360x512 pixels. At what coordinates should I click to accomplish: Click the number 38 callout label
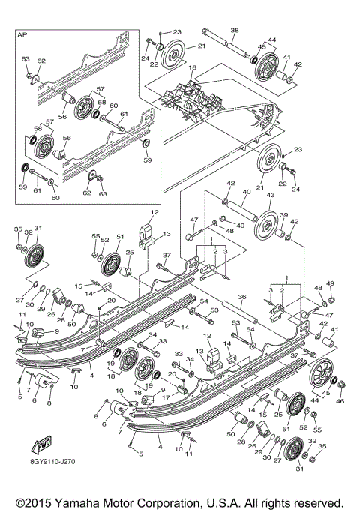click(x=234, y=31)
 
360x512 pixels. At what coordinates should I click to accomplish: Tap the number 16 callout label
click(x=193, y=67)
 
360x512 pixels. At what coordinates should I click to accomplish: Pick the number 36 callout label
click(x=243, y=297)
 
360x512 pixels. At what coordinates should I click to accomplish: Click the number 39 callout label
click(x=283, y=215)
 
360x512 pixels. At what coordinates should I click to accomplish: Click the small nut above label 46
click(x=341, y=386)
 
